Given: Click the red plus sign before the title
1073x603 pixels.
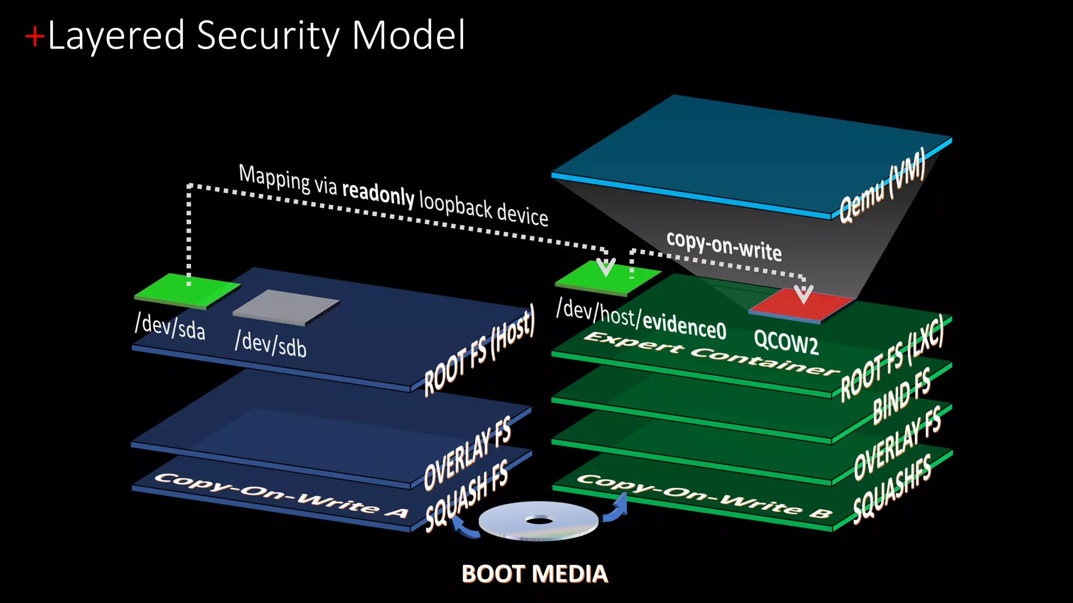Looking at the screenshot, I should pos(35,37).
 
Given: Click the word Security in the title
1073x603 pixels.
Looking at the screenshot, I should pos(268,36).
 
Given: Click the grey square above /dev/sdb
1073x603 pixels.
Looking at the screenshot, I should pos(286,306).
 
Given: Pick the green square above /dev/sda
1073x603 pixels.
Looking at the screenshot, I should pos(187,290).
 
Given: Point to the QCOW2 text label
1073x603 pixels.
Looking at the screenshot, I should pos(786,342).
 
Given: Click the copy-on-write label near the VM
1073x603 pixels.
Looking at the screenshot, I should pos(724,244).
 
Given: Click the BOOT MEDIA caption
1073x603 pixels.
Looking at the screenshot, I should pos(535,574).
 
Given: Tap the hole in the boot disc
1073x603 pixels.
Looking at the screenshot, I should pos(539,520).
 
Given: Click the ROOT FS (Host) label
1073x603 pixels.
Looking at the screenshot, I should pos(479,350).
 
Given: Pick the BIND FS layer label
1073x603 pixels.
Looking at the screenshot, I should pos(902,396).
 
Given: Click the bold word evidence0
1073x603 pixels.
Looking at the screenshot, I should pos(684,325).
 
